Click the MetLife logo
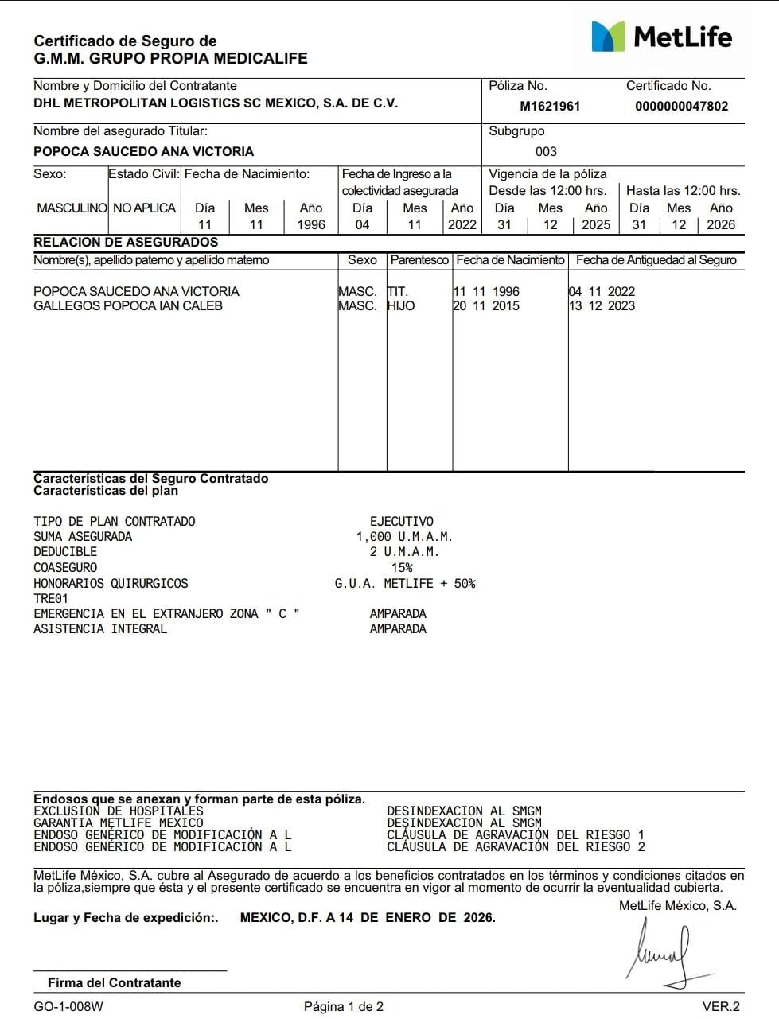[x=661, y=37]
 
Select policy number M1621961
[x=550, y=106]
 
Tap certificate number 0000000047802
[x=681, y=106]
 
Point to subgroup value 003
[x=546, y=151]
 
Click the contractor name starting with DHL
[x=216, y=103]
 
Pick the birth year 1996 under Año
[x=310, y=224]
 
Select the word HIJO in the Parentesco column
[x=401, y=305]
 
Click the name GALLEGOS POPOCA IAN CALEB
[x=128, y=305]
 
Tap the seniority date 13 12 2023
[x=602, y=305]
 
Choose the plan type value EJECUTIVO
[x=402, y=521]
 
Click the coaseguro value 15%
[x=402, y=567]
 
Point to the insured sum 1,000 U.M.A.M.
[x=404, y=537]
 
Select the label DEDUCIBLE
[x=65, y=552]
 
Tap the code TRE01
[x=51, y=598]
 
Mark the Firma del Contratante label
[x=114, y=982]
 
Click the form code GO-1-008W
[x=68, y=1006]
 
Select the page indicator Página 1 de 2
[x=344, y=1006]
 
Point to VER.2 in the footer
[x=721, y=1006]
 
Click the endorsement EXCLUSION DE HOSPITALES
[x=119, y=811]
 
